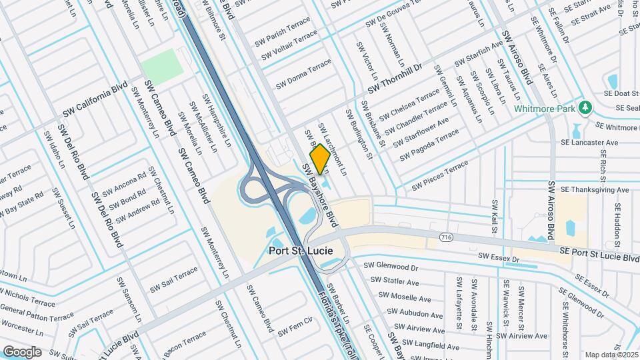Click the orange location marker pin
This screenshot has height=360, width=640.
pyautogui.click(x=319, y=159)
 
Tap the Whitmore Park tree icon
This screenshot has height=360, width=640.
pyautogui.click(x=585, y=107)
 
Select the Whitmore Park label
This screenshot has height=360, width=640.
pyautogui.click(x=546, y=109)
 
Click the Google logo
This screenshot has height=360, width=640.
pyautogui.click(x=23, y=351)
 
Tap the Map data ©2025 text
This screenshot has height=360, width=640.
pyautogui.click(x=611, y=355)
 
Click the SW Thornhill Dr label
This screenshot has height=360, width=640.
pyautogui.click(x=395, y=79)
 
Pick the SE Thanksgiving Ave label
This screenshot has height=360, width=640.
pyautogui.click(x=594, y=190)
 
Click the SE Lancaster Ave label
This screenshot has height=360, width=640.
pyautogui.click(x=589, y=143)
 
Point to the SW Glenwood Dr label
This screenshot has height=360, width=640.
pyautogui.click(x=390, y=266)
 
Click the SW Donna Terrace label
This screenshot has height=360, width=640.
pyautogui.click(x=303, y=73)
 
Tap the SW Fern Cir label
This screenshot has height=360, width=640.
pyautogui.click(x=295, y=329)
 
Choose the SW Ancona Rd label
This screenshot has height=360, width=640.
pyautogui.click(x=122, y=188)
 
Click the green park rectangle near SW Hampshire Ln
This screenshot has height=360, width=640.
pyautogui.click(x=161, y=65)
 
